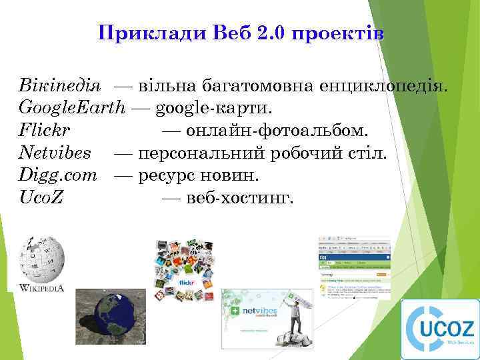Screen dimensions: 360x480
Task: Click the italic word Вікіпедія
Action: tap(60, 85)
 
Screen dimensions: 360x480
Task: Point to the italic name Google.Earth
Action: tap(72, 107)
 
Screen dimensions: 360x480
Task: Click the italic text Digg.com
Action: tap(59, 175)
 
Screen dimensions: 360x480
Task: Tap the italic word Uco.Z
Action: tap(41, 198)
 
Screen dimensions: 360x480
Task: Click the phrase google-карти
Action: tap(214, 107)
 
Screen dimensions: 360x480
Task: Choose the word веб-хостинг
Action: tap(240, 198)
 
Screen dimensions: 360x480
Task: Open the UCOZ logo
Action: tap(439, 329)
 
